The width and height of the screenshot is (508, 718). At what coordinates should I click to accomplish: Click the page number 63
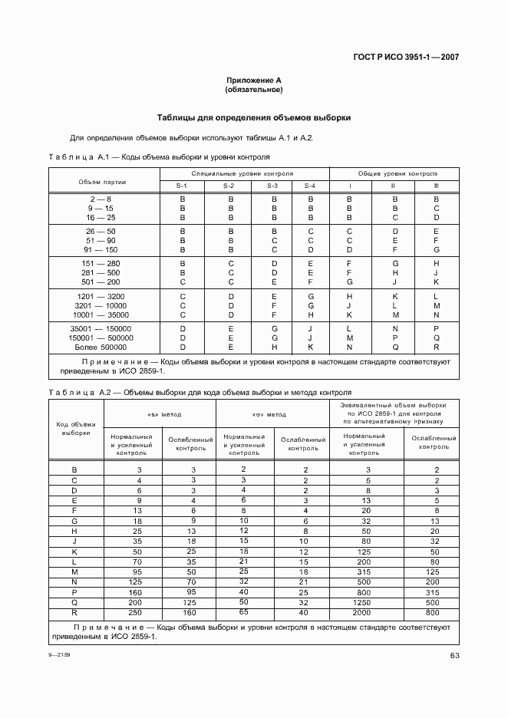454,654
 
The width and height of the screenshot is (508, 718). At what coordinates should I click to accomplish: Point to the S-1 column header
182,186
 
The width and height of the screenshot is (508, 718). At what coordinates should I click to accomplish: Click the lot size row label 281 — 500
101,272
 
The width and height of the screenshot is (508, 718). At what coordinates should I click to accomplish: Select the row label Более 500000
101,347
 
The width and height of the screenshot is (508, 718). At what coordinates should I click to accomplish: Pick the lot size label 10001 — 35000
101,315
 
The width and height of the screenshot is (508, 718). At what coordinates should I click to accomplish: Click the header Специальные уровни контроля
242,174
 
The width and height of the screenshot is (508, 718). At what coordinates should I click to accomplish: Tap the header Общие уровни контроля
393,174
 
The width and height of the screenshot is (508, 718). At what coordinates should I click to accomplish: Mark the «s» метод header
160,414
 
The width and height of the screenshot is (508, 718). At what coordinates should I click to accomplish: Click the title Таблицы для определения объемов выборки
253,118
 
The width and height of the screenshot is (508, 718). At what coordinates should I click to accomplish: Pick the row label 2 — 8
101,199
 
